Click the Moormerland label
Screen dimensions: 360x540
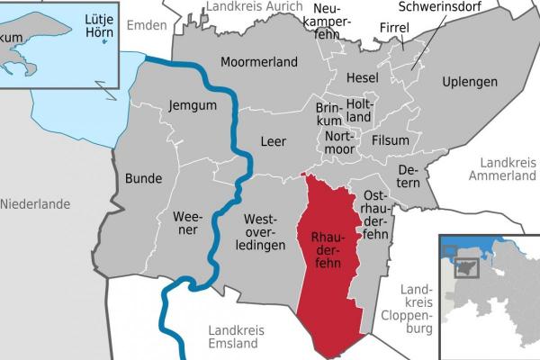259,63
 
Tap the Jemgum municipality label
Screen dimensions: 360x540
192,106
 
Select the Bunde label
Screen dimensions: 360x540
144,177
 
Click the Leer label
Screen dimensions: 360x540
273,141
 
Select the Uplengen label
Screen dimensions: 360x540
470,82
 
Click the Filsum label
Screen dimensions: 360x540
390,140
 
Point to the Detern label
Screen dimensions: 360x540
409,175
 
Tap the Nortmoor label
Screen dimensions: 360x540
339,141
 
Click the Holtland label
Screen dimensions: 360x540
358,110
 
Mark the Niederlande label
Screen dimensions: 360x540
35,204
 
